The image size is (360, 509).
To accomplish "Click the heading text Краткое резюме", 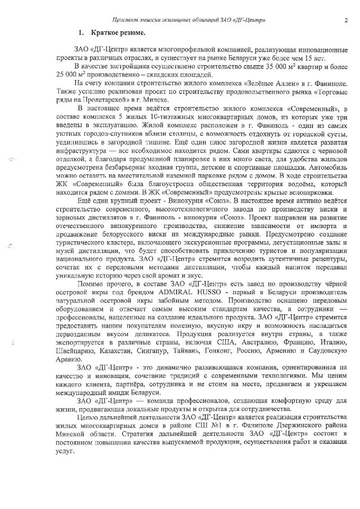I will [x=113, y=33].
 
